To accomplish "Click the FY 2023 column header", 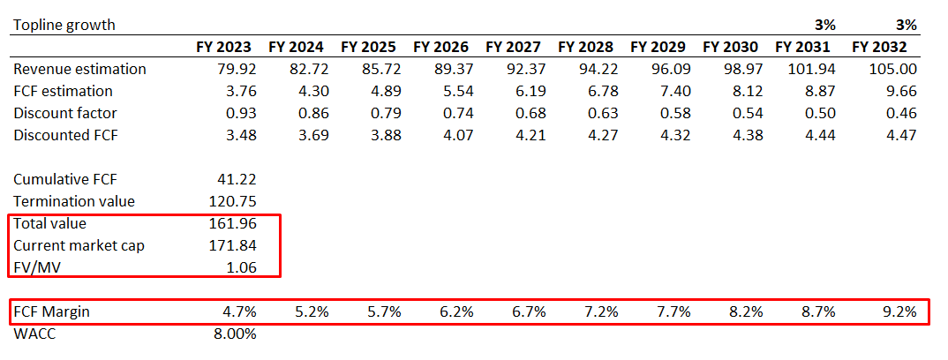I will tap(223, 47).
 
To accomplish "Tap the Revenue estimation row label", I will tap(79, 69).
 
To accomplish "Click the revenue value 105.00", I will tap(894, 69).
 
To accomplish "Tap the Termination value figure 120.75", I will tap(230, 201).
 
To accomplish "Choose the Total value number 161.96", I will tap(230, 223).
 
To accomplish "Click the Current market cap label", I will tap(79, 245).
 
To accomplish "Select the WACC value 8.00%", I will tap(234, 334).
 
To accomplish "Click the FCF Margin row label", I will tap(51, 311).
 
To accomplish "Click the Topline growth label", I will tap(64, 25).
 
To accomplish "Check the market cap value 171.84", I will tap(230, 245).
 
